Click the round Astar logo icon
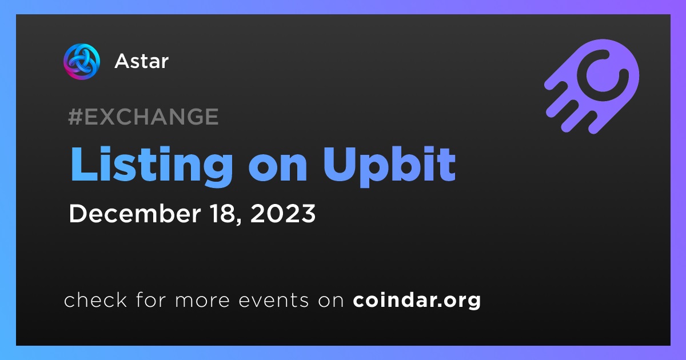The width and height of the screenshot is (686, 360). click(x=82, y=61)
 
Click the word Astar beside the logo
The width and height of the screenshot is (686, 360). click(x=142, y=61)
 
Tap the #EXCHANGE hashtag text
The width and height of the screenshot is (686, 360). click(x=143, y=117)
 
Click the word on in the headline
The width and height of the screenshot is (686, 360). click(x=278, y=169)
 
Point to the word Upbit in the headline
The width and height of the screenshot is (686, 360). click(x=389, y=167)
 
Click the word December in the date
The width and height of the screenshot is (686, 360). click(x=135, y=213)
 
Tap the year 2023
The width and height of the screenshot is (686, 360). click(x=282, y=213)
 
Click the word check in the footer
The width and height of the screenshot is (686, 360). click(x=95, y=299)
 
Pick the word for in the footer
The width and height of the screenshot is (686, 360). click(x=151, y=299)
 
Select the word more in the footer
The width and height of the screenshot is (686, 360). click(x=202, y=301)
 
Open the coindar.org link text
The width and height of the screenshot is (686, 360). click(x=417, y=301)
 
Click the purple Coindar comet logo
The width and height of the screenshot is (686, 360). click(x=592, y=86)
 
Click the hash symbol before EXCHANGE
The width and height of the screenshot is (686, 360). click(x=75, y=117)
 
